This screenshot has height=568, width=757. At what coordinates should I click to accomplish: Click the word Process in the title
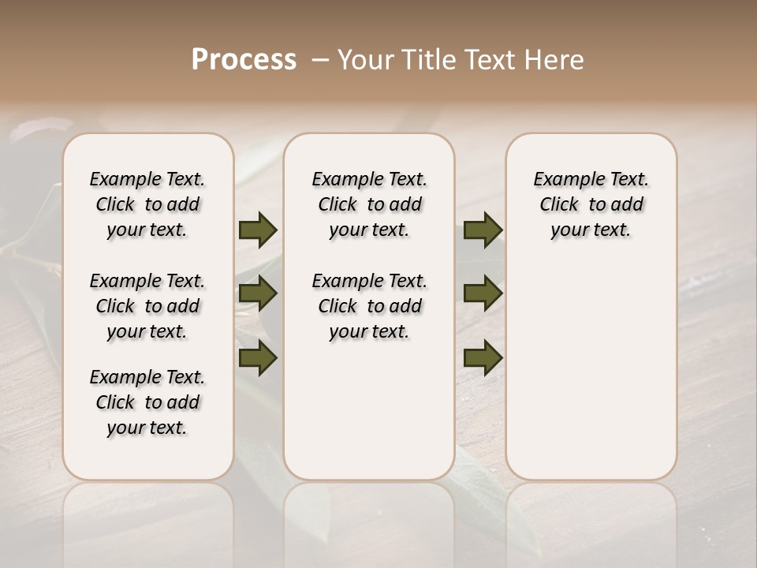pyautogui.click(x=244, y=60)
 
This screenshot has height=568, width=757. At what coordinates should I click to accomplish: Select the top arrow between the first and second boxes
pyautogui.click(x=258, y=230)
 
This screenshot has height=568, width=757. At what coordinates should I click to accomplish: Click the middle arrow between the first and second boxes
pyautogui.click(x=258, y=293)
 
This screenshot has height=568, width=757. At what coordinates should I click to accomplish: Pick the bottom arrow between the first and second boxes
pyautogui.click(x=258, y=358)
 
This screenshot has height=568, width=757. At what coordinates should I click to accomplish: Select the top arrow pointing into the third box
pyautogui.click(x=483, y=230)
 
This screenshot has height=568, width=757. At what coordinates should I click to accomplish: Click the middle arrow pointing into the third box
pyautogui.click(x=483, y=293)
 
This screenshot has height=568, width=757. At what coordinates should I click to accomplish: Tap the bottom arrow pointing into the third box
pyautogui.click(x=483, y=358)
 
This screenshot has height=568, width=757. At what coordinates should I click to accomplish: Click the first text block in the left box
pyautogui.click(x=147, y=204)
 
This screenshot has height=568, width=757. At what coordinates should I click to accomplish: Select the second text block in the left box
pyautogui.click(x=147, y=306)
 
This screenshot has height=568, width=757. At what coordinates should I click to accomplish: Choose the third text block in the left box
pyautogui.click(x=147, y=402)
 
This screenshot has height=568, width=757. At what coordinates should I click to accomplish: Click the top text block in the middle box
pyautogui.click(x=369, y=204)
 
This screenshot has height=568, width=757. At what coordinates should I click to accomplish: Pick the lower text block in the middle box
pyautogui.click(x=369, y=306)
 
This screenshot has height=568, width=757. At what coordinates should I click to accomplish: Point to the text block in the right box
pyautogui.click(x=591, y=204)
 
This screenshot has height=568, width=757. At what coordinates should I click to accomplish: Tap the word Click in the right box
pyautogui.click(x=559, y=205)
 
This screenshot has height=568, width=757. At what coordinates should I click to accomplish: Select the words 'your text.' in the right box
pyautogui.click(x=591, y=230)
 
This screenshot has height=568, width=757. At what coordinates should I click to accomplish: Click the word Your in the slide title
pyautogui.click(x=367, y=60)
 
